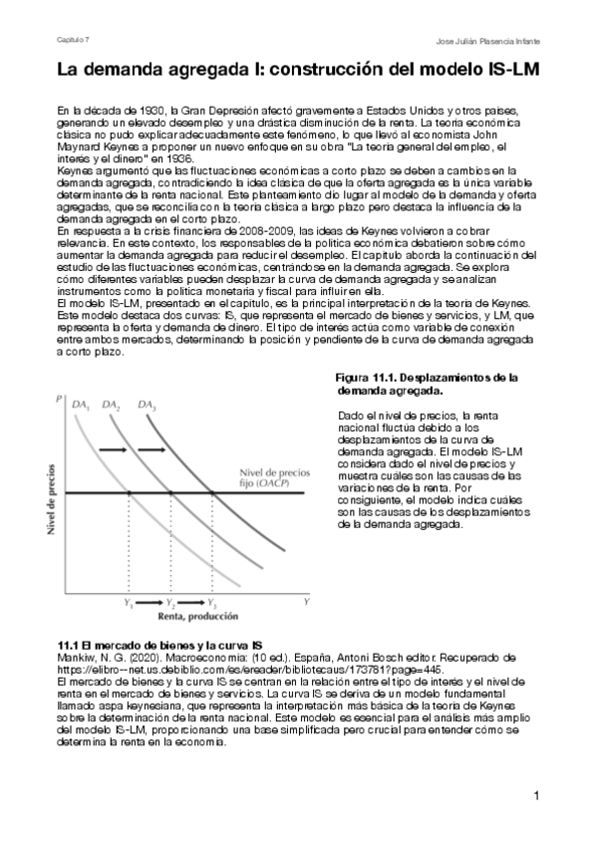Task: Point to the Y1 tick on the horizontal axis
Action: coord(128,604)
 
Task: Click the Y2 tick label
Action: coord(170,604)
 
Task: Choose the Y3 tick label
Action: coord(212,604)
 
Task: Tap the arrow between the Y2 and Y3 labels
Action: coord(191,604)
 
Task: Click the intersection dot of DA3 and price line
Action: coord(211,492)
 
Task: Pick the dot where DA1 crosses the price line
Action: coord(129,492)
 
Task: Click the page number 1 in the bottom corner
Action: coord(535,795)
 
